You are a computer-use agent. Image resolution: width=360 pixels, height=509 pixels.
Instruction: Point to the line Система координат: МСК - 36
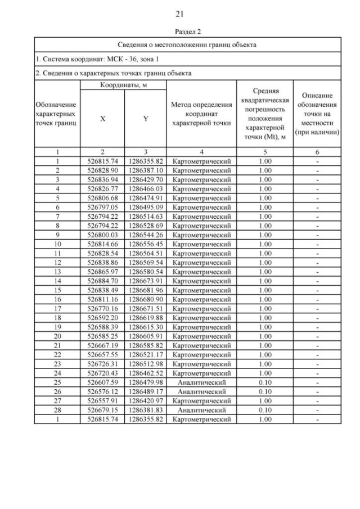90,59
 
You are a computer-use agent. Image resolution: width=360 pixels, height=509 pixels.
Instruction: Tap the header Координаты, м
123,85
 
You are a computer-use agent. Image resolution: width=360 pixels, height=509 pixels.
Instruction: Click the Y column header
145,119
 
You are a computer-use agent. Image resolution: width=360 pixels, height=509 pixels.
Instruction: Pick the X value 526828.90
102,169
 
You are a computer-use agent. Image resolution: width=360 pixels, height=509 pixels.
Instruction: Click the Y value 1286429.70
145,178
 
